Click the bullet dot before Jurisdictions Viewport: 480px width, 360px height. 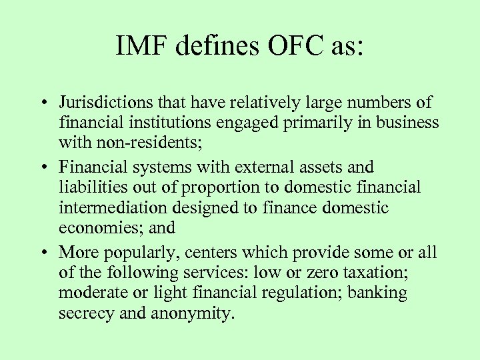pyautogui.click(x=42, y=104)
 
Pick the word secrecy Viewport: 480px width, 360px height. pyautogui.click(x=83, y=313)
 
